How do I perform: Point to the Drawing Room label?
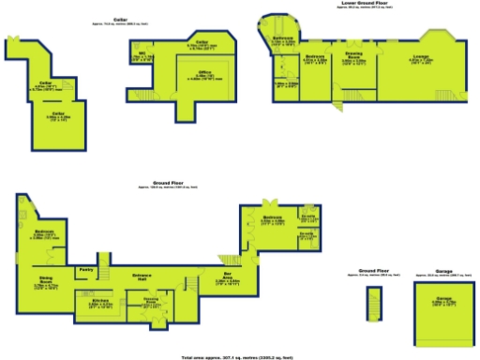[x=354, y=59]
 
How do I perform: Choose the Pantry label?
[x=85, y=270]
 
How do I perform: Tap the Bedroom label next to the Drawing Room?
[x=314, y=59]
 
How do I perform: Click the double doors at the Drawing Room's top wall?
[x=355, y=43]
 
